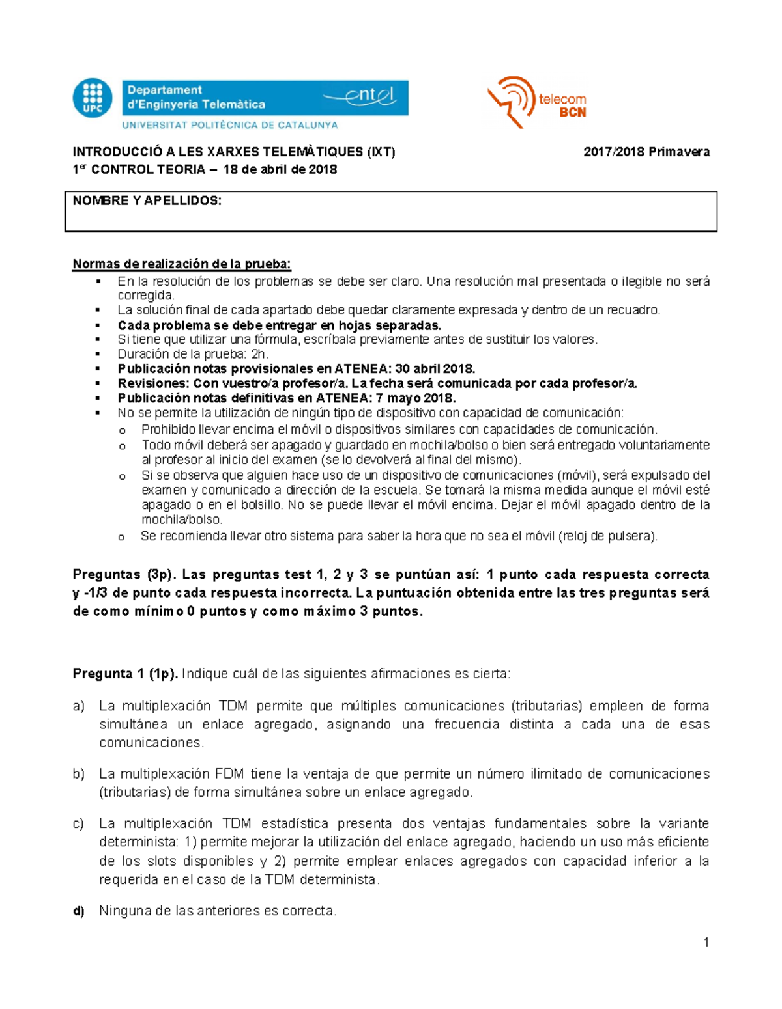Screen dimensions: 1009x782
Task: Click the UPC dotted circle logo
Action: pyautogui.click(x=93, y=98)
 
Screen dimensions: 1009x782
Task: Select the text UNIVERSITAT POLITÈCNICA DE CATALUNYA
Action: pyautogui.click(x=230, y=125)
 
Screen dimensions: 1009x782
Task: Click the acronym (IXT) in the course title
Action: pyautogui.click(x=381, y=152)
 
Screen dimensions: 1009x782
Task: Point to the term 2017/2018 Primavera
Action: pyautogui.click(x=646, y=152)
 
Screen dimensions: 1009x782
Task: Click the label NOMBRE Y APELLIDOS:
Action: pyautogui.click(x=147, y=201)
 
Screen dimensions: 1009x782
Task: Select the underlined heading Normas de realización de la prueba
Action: pyautogui.click(x=182, y=264)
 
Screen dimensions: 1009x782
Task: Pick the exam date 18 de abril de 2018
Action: pyautogui.click(x=280, y=170)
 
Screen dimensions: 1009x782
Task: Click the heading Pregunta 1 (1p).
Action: pyautogui.click(x=125, y=674)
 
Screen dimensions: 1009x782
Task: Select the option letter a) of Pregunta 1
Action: pyautogui.click(x=79, y=706)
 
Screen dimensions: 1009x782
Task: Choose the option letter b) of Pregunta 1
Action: pyautogui.click(x=79, y=774)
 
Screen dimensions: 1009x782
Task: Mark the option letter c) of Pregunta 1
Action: pyautogui.click(x=79, y=824)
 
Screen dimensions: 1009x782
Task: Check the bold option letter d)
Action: pyautogui.click(x=79, y=911)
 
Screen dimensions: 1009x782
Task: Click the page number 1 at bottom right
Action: pyautogui.click(x=706, y=942)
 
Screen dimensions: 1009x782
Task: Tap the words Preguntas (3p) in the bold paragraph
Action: pyautogui.click(x=123, y=575)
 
